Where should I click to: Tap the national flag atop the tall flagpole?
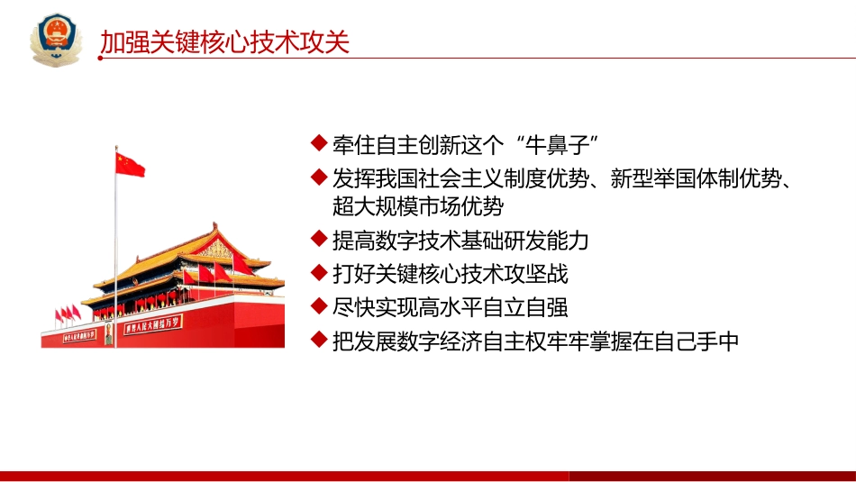[x=130, y=164]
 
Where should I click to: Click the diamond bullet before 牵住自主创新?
[x=317, y=143]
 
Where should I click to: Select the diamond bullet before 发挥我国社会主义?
[x=317, y=177]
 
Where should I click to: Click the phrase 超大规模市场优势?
[x=418, y=206]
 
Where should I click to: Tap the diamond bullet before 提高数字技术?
[x=317, y=240]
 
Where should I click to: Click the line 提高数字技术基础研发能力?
[x=460, y=241]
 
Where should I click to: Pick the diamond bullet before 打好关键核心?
[x=317, y=273]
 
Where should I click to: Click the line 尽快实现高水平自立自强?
[x=451, y=307]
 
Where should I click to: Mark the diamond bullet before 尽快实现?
[x=317, y=306]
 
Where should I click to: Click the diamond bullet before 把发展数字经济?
[x=317, y=340]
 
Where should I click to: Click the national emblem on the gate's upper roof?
[x=215, y=249]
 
